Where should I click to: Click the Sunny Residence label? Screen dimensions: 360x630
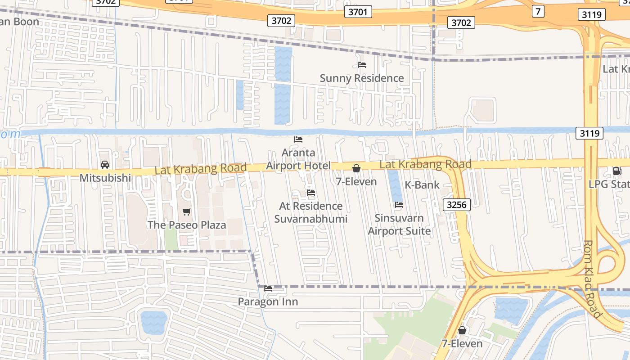(362, 78)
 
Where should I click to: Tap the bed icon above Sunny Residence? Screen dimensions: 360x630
(362, 65)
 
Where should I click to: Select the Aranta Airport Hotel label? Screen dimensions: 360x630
(298, 159)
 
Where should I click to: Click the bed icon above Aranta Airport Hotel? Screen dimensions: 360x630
(298, 139)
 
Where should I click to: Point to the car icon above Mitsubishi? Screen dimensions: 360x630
(105, 165)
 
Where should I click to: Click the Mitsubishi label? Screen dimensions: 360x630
(105, 178)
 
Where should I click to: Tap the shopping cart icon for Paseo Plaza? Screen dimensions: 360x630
(187, 211)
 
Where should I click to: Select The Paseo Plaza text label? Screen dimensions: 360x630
(187, 225)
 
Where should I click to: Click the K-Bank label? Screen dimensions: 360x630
(422, 184)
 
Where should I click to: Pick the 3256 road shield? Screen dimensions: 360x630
(457, 205)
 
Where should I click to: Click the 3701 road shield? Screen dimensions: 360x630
(358, 12)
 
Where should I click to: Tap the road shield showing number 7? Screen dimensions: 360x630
(538, 11)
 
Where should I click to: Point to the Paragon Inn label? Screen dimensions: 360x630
(268, 301)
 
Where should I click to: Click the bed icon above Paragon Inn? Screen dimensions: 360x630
(268, 288)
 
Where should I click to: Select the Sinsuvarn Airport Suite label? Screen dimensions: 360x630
(399, 225)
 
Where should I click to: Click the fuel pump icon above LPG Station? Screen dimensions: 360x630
(616, 171)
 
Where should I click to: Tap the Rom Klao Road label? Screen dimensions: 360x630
(593, 279)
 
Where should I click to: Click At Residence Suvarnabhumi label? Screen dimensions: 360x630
(311, 212)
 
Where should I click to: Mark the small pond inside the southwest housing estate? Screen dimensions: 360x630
(154, 323)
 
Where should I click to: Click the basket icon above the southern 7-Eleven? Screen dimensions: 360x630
(462, 331)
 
